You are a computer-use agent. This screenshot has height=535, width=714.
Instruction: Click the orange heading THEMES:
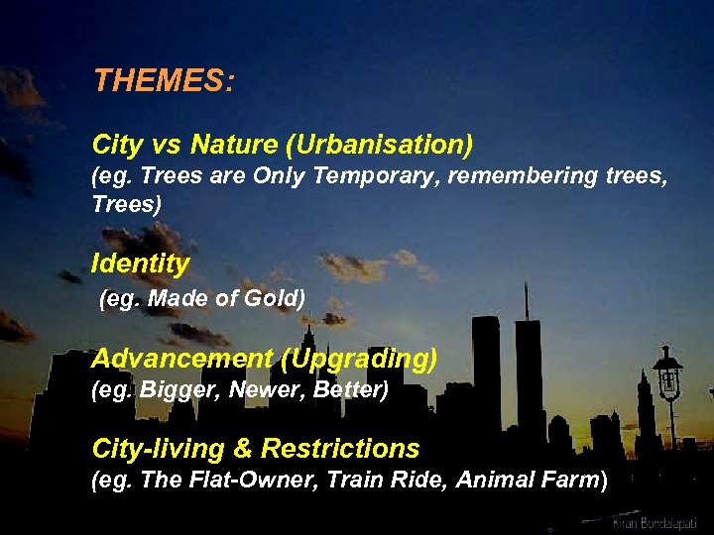tap(164, 80)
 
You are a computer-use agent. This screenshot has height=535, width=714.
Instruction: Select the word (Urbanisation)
tap(379, 145)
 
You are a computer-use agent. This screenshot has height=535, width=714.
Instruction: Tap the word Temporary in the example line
tap(360, 178)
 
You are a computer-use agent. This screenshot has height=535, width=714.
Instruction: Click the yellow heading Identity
tap(140, 264)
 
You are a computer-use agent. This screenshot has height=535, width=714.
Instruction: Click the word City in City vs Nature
tap(117, 145)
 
